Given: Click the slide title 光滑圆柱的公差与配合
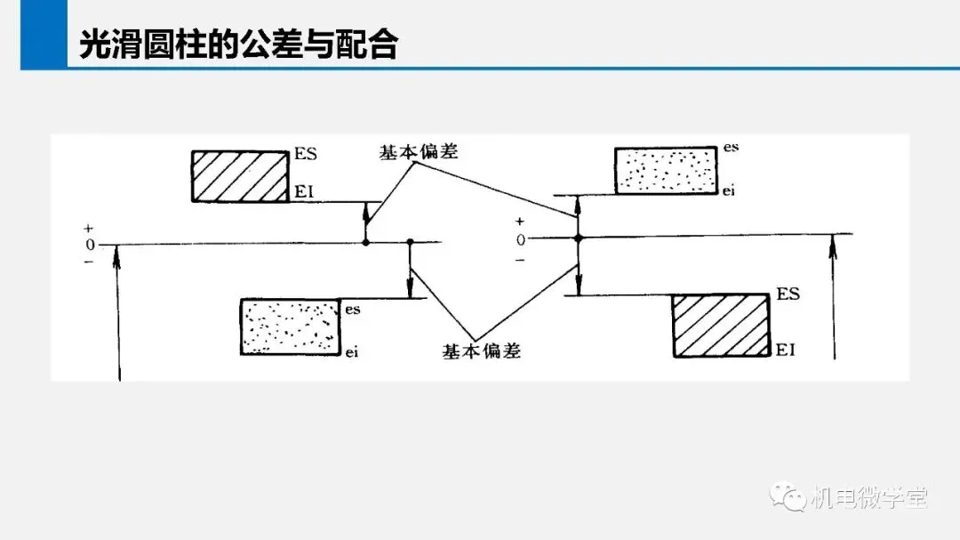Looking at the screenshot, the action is pyautogui.click(x=239, y=44).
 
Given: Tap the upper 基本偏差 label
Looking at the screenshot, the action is pyautogui.click(x=419, y=151).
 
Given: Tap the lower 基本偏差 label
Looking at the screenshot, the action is pyautogui.click(x=481, y=351).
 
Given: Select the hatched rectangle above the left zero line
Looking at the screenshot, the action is pyautogui.click(x=240, y=176).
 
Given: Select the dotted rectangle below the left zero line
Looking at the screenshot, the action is pyautogui.click(x=290, y=326).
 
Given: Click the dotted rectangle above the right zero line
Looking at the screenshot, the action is pyautogui.click(x=666, y=171).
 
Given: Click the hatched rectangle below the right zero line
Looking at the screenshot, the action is pyautogui.click(x=721, y=325).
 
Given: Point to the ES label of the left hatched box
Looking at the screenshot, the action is pyautogui.click(x=306, y=153).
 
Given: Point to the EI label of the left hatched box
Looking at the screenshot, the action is pyautogui.click(x=304, y=192).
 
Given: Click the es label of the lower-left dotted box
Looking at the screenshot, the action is pyautogui.click(x=353, y=310).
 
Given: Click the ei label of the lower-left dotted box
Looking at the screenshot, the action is pyautogui.click(x=351, y=351).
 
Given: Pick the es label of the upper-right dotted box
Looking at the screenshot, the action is pyautogui.click(x=731, y=147).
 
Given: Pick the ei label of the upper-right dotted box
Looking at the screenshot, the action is pyautogui.click(x=729, y=190).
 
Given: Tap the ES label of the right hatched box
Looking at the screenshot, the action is pyautogui.click(x=788, y=294).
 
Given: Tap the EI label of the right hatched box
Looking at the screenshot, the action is pyautogui.click(x=786, y=350).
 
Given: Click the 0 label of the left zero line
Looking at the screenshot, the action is pyautogui.click(x=90, y=246).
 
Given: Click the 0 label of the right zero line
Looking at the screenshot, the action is pyautogui.click(x=520, y=240).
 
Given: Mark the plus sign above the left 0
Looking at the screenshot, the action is pyautogui.click(x=89, y=229).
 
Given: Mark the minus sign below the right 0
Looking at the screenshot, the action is pyautogui.click(x=520, y=260).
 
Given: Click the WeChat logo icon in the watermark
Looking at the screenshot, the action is pyautogui.click(x=788, y=496).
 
